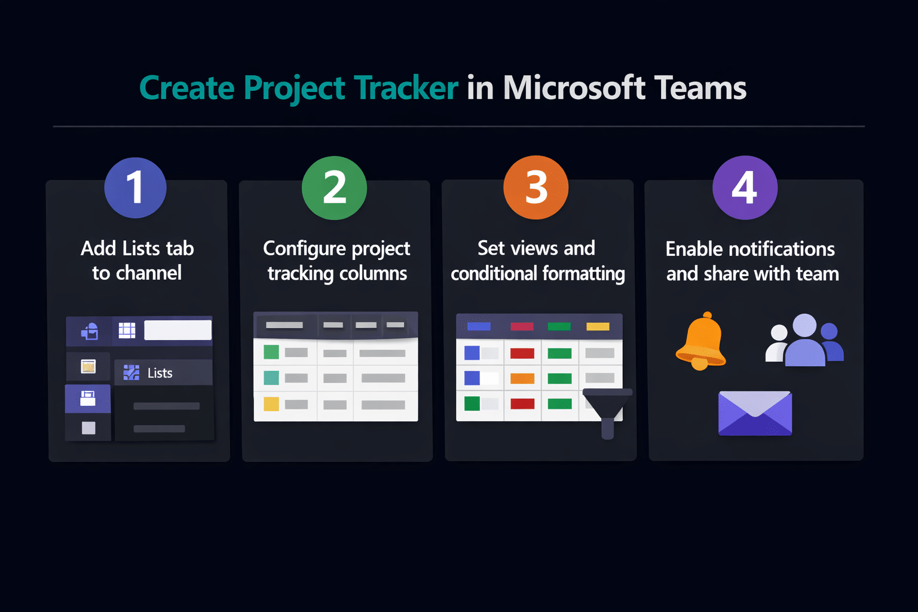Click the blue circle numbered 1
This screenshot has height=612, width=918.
[x=135, y=188]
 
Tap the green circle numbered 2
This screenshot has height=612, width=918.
[x=335, y=188]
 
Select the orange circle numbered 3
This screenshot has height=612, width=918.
[x=536, y=187]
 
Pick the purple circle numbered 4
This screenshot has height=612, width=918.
[x=745, y=187]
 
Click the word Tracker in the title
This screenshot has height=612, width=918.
[x=406, y=88]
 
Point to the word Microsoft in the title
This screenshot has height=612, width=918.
[x=574, y=87]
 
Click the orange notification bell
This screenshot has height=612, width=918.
[x=701, y=341]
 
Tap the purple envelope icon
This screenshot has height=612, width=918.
[x=755, y=413]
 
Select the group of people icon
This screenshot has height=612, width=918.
[x=804, y=340]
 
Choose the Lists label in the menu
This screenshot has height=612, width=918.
[x=160, y=373]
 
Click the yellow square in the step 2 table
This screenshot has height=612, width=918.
[x=271, y=404]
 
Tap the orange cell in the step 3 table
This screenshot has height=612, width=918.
[x=522, y=378]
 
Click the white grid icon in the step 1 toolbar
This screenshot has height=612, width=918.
[x=127, y=331]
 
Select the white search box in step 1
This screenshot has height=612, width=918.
[x=178, y=331]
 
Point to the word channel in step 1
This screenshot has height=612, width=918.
[x=149, y=273]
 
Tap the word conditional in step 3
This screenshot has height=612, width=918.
[x=494, y=273]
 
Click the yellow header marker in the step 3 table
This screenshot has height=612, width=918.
[x=598, y=327]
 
